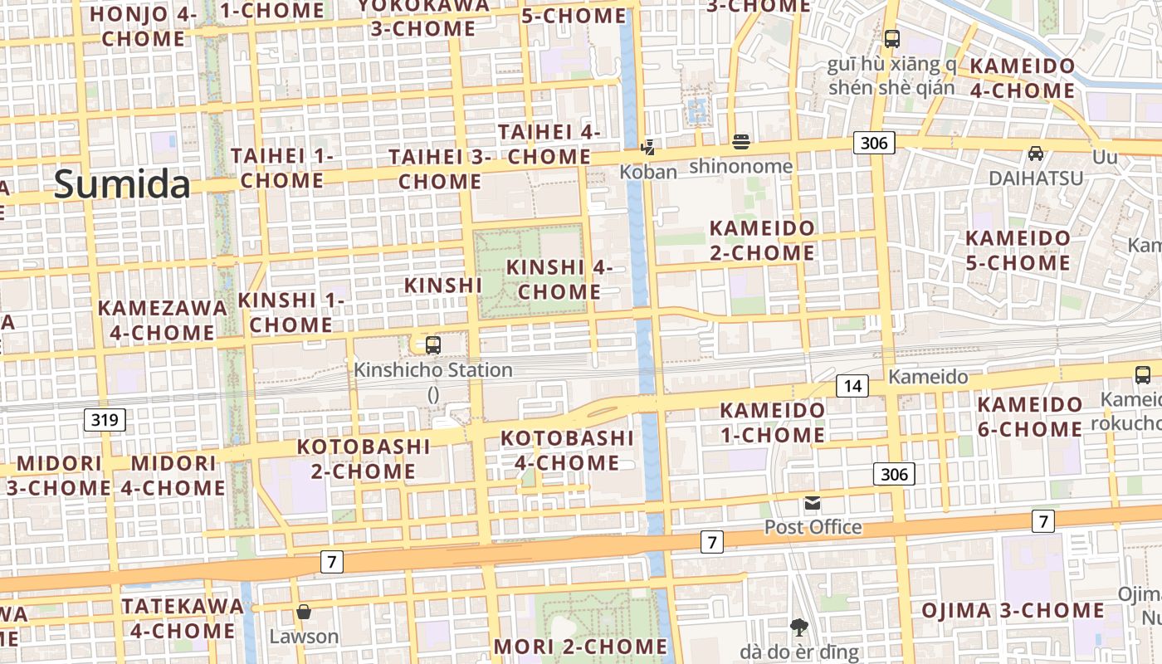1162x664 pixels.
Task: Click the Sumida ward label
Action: pos(122,183)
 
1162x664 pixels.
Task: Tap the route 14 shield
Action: pos(852,385)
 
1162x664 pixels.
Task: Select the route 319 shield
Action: pos(105,420)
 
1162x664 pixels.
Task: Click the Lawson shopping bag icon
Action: pos(304,613)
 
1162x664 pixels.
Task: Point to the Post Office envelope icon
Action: pos(812,503)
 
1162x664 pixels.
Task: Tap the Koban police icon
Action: pos(647,148)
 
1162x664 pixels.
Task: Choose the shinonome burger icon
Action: pos(741,142)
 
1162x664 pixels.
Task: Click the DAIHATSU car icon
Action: pos(1036,154)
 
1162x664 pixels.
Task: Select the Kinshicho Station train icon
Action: pos(432,345)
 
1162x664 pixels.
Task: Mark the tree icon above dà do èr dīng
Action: pos(799,627)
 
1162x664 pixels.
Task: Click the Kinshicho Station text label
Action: pos(433,370)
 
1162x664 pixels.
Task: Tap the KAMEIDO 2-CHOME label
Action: pos(762,240)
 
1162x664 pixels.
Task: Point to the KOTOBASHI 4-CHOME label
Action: pos(567,450)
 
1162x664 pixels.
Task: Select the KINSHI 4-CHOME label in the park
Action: pos(559,280)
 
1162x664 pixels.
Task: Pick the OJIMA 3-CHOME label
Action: pos(1013,611)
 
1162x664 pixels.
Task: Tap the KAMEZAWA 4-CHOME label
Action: pos(163,320)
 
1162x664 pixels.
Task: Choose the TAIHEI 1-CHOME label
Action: pos(282,168)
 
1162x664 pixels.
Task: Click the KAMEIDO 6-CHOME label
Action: pos(1029,417)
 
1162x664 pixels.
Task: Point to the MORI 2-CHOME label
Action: pos(580,647)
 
